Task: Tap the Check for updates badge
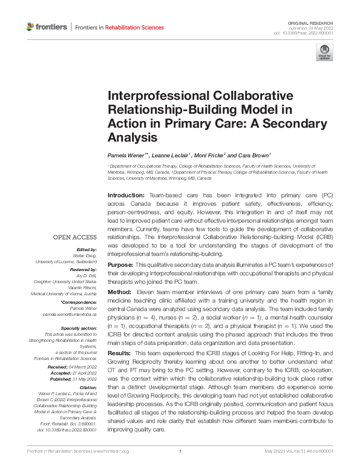pos(324,54)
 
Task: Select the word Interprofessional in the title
pos(157,97)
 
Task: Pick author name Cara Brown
pos(252,156)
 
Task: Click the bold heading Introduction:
pos(125,197)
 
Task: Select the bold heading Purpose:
pos(120,266)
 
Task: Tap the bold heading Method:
pos(120,292)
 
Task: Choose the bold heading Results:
pos(120,352)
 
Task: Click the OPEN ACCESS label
pos(75,237)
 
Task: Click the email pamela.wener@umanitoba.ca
pos(70,315)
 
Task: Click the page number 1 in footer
pos(180,468)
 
